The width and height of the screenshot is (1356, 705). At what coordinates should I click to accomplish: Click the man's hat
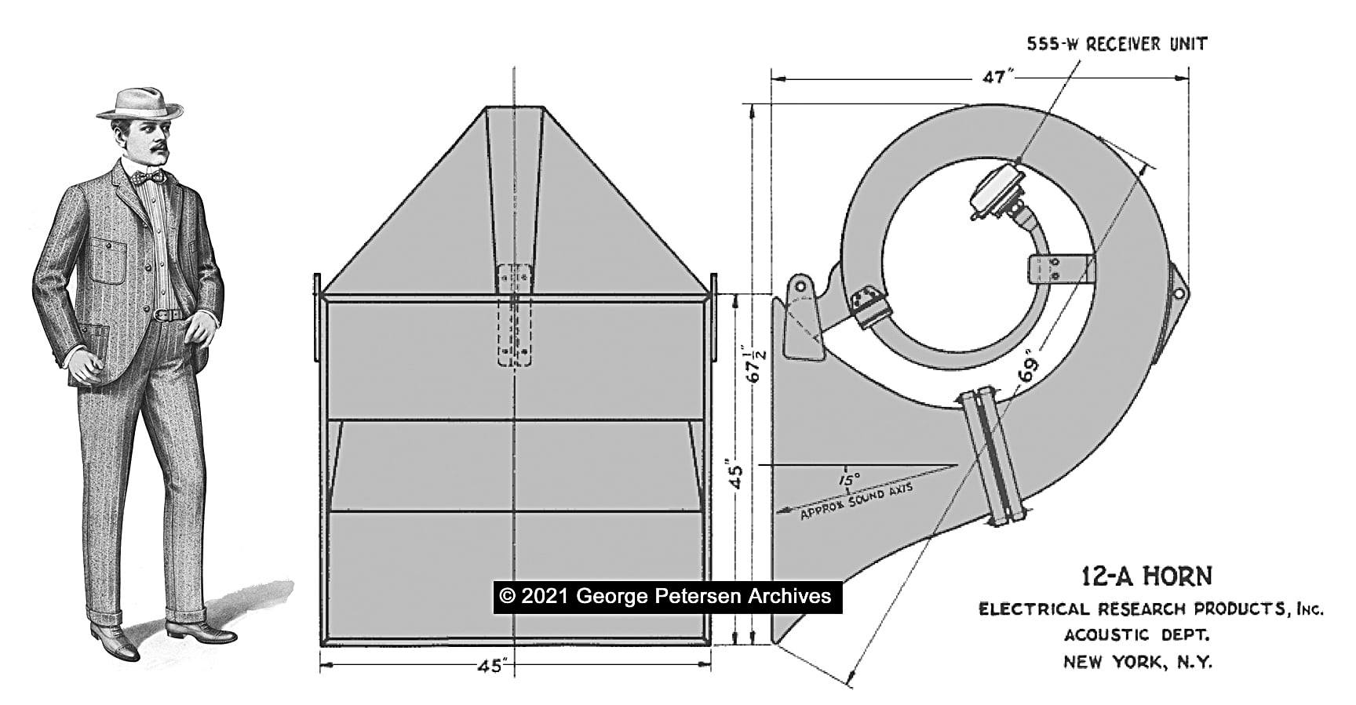point(139,104)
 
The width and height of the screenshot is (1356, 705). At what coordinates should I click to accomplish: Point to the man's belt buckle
point(162,314)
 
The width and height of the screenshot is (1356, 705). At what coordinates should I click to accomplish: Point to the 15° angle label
point(848,478)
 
